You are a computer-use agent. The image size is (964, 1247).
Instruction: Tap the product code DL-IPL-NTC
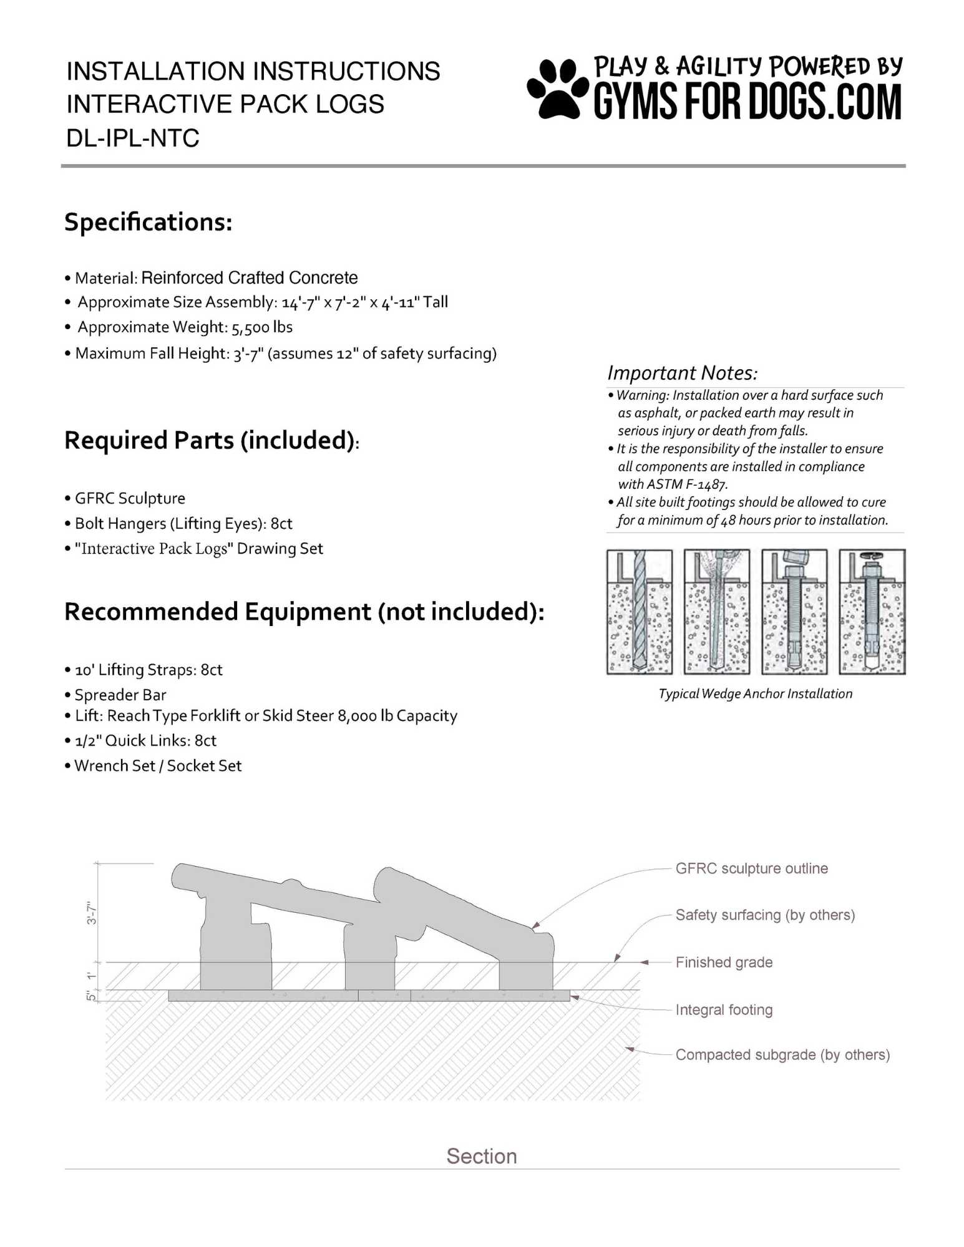click(133, 138)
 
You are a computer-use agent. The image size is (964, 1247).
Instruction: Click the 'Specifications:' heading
click(148, 223)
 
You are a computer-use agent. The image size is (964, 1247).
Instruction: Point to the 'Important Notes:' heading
click(683, 373)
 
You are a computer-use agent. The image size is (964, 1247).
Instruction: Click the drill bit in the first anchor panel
click(640, 611)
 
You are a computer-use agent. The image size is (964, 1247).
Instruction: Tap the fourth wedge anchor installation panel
click(872, 612)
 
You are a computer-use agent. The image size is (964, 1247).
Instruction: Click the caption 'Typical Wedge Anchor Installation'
click(755, 694)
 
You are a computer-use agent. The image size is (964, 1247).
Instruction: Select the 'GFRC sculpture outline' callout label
click(751, 869)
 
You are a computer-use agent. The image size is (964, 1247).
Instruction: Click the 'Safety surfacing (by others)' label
click(765, 915)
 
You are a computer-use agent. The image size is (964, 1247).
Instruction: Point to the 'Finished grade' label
click(724, 962)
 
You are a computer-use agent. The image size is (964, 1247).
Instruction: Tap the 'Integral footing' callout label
click(724, 1009)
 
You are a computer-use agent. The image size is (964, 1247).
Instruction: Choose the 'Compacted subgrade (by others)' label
click(782, 1054)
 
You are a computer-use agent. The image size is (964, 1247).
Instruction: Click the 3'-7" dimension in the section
click(92, 912)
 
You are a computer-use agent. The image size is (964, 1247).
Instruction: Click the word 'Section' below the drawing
click(482, 1156)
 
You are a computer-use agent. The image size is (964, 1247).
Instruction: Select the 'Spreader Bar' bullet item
click(120, 695)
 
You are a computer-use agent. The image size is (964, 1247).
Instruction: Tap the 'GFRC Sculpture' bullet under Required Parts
click(130, 498)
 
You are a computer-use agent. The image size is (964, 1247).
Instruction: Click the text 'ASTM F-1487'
click(686, 484)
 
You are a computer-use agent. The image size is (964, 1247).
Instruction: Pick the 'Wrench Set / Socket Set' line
click(158, 766)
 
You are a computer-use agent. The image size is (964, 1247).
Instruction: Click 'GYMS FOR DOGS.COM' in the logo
click(747, 102)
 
